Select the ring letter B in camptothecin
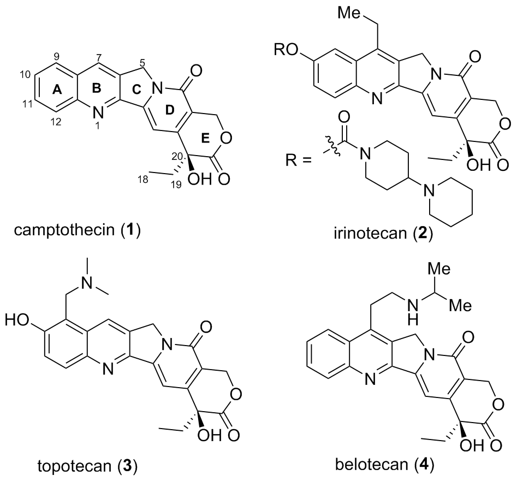94,93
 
